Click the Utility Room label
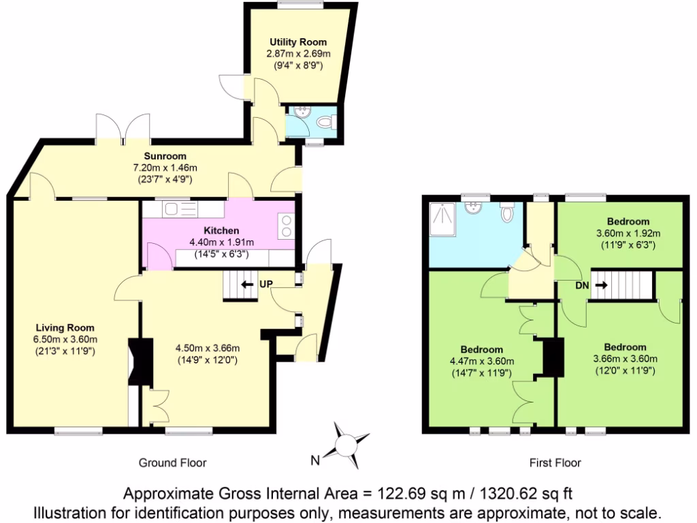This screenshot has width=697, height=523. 292,42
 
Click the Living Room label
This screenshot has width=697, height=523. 65,328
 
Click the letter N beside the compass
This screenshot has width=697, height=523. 315,460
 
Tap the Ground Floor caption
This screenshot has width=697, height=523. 172,463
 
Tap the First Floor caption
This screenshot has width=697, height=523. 555,463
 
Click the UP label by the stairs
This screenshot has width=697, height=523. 265,284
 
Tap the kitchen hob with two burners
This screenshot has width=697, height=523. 286,225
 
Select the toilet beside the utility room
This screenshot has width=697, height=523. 326,123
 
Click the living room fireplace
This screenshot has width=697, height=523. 141,361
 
